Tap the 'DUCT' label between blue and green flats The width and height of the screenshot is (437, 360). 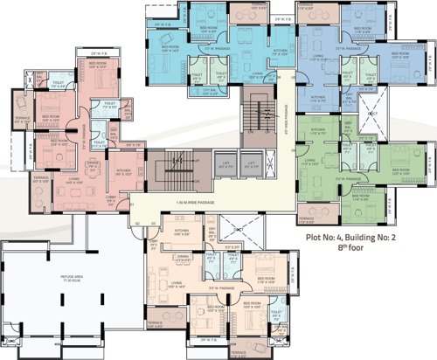pos(372,114)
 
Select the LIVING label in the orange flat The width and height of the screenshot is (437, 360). pos(177,284)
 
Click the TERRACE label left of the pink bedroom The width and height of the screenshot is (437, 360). pos(24,121)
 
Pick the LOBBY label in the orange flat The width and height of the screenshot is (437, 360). pos(154,248)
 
